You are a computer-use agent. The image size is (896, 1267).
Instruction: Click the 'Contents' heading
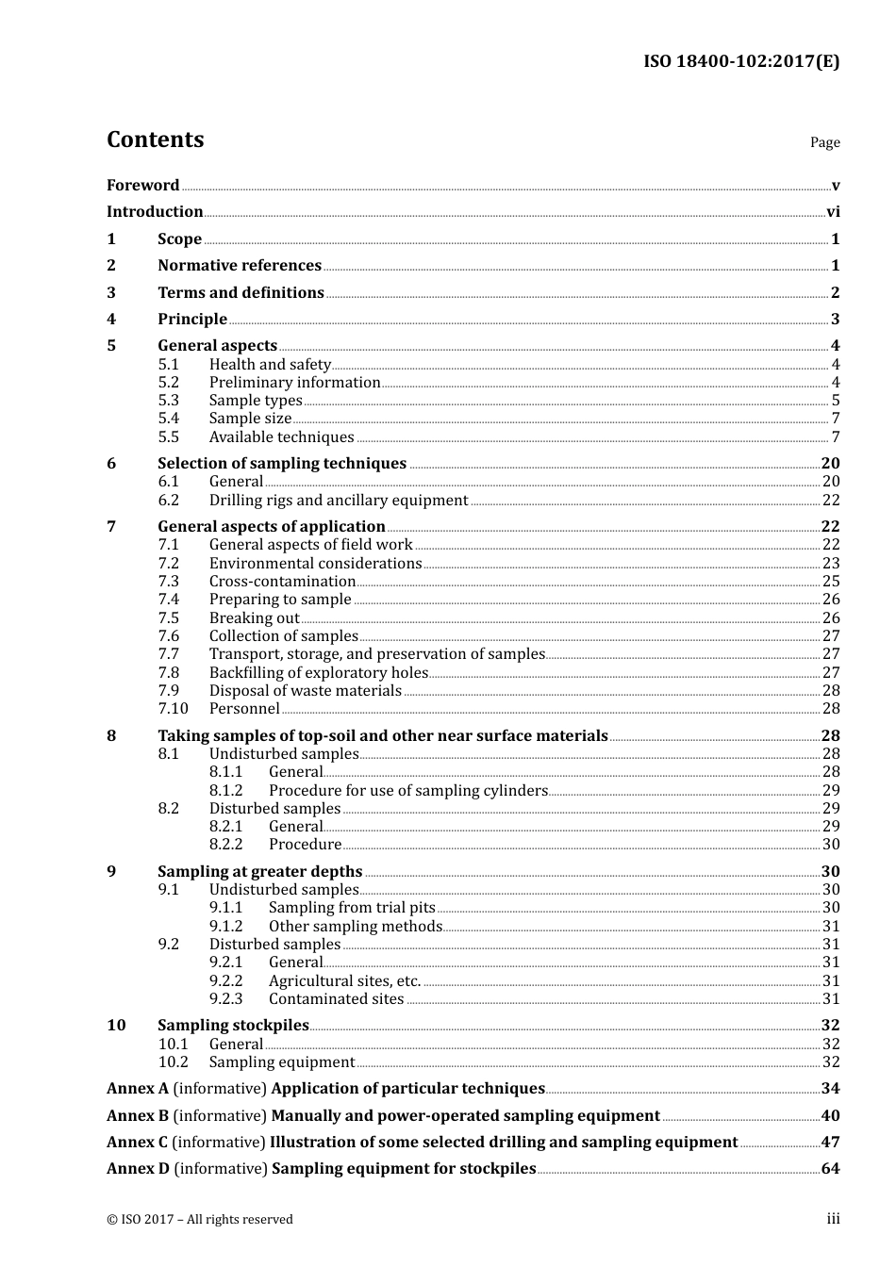tap(155, 140)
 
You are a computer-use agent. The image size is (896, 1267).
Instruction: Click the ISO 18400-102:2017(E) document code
tap(740, 62)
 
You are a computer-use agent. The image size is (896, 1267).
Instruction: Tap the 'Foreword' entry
tap(142, 186)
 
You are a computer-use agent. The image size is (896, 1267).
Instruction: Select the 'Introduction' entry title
tap(155, 212)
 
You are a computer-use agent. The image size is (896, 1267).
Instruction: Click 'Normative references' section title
tap(240, 266)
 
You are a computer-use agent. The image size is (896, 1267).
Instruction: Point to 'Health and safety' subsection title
tap(270, 365)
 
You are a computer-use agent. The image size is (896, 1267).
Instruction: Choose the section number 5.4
tap(168, 419)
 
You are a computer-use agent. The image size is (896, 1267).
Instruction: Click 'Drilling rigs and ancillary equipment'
tap(339, 501)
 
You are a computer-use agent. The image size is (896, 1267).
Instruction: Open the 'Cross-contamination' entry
tap(282, 582)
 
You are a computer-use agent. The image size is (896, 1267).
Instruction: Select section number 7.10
tap(173, 709)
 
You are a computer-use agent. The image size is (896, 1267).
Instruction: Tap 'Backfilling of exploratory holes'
tap(318, 673)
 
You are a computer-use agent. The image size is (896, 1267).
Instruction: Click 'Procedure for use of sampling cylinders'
tap(407, 791)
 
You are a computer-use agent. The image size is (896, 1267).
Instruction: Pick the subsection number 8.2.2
tap(225, 845)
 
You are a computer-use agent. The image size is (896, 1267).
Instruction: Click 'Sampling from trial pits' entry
tap(352, 908)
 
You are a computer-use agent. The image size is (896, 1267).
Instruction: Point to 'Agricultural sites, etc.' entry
tap(344, 981)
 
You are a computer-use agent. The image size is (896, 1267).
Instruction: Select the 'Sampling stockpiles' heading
tap(233, 1026)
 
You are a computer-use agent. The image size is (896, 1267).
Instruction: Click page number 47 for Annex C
tap(830, 1143)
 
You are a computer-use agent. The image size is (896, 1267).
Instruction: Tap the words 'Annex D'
tap(138, 1169)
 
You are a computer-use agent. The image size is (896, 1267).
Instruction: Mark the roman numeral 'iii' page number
tap(833, 1219)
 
